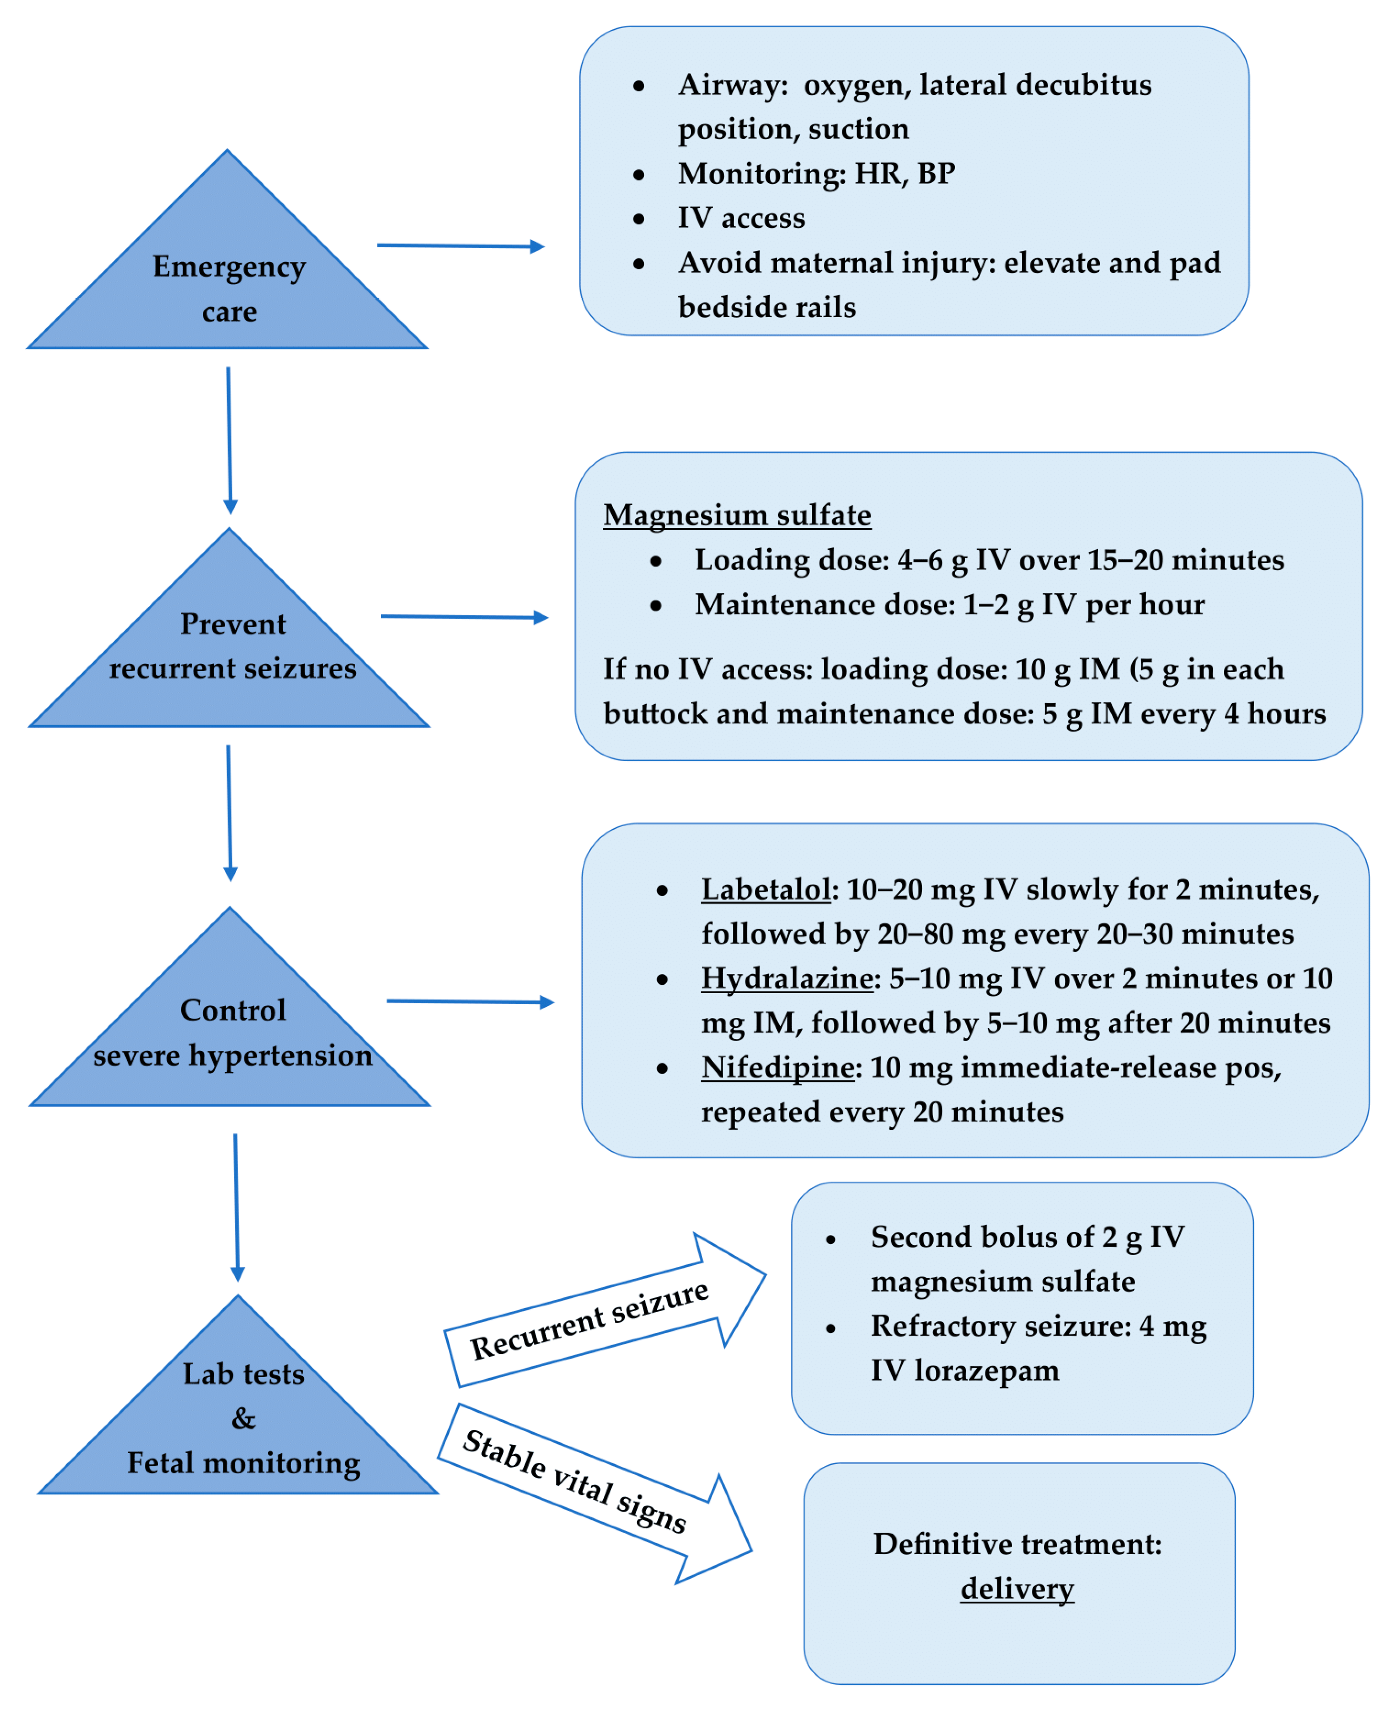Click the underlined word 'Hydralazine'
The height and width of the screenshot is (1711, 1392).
point(786,978)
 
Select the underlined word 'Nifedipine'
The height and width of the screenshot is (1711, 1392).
point(777,1067)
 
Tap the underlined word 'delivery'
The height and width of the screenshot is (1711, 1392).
point(1016,1588)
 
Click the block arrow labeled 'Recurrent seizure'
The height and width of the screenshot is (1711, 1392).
point(602,1316)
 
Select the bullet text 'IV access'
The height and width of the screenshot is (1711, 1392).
point(741,218)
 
